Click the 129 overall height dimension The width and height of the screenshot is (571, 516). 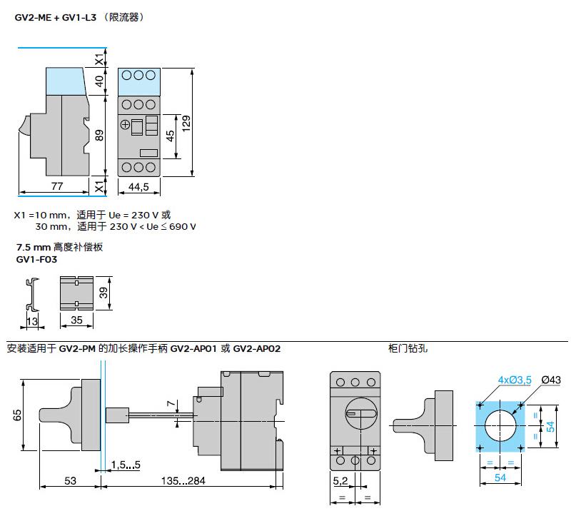tap(186, 123)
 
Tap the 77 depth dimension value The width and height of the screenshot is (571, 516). tap(57, 186)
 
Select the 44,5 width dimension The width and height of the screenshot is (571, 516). tap(138, 187)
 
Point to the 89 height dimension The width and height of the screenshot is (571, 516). tap(99, 135)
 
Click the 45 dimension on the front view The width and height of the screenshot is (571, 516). tap(170, 136)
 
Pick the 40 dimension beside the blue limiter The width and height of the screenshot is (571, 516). tap(99, 81)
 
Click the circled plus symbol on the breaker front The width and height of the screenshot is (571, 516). tap(125, 125)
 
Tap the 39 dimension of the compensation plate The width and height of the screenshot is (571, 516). tap(103, 293)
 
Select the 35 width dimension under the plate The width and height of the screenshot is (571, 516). tap(76, 320)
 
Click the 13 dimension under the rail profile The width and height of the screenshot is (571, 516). tap(32, 321)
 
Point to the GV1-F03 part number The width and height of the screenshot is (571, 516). tap(37, 260)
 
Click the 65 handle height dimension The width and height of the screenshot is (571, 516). tap(17, 415)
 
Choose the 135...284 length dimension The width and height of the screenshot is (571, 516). tap(183, 481)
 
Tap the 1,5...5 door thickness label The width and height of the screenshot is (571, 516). tap(126, 465)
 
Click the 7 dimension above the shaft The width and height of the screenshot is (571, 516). tap(171, 403)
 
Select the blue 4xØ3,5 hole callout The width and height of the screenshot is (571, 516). tap(515, 380)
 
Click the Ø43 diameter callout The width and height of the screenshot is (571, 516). tap(551, 380)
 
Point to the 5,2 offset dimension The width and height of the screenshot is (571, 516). tap(340, 481)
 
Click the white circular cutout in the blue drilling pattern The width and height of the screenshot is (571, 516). tap(500, 425)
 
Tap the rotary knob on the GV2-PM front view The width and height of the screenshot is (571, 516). tap(361, 413)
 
